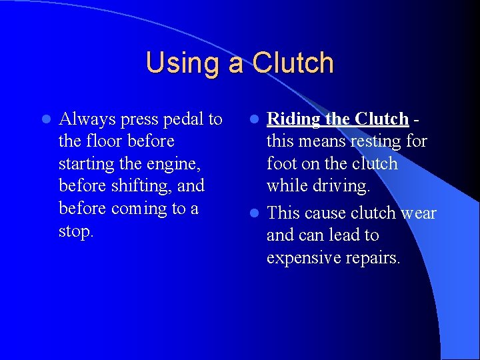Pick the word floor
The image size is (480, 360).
click(101, 141)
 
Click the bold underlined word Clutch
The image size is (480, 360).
click(381, 119)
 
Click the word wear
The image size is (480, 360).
click(419, 213)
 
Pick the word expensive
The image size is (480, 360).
click(304, 258)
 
